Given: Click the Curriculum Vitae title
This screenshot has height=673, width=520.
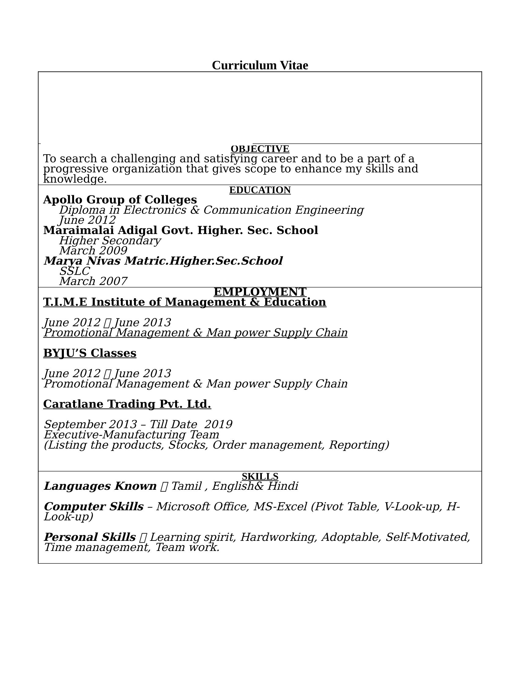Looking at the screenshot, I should [x=260, y=65].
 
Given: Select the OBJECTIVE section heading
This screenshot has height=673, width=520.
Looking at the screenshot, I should [x=260, y=149].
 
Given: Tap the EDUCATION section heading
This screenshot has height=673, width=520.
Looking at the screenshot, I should [x=260, y=190].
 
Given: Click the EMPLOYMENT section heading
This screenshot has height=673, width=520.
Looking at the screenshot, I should [x=260, y=292].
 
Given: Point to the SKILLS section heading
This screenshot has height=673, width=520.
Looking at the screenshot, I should [x=260, y=476].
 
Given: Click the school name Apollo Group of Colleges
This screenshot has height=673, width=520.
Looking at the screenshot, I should [x=120, y=200].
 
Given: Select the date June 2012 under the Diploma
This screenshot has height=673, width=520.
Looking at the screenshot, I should [x=87, y=220].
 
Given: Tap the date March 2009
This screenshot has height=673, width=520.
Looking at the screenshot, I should [x=93, y=251].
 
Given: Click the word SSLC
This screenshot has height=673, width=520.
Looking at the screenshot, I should [x=75, y=271].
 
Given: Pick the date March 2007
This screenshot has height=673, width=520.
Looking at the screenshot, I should [x=93, y=281].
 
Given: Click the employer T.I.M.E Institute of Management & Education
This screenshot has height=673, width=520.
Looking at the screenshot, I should [x=184, y=302].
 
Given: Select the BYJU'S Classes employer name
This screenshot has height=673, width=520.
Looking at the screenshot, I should [x=90, y=353].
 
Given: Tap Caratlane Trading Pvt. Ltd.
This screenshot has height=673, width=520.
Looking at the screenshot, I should [x=127, y=404].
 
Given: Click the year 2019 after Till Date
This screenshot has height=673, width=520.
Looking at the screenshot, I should [x=218, y=424].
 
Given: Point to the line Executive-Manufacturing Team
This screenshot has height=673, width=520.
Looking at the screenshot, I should [x=131, y=434].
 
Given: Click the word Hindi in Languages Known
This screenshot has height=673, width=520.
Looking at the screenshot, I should [x=283, y=486].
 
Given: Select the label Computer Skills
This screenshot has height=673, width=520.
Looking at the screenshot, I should [x=94, y=506].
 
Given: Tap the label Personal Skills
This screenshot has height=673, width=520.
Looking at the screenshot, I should [x=90, y=537].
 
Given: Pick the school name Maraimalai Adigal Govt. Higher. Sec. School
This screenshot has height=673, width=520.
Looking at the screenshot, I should [x=180, y=230].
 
